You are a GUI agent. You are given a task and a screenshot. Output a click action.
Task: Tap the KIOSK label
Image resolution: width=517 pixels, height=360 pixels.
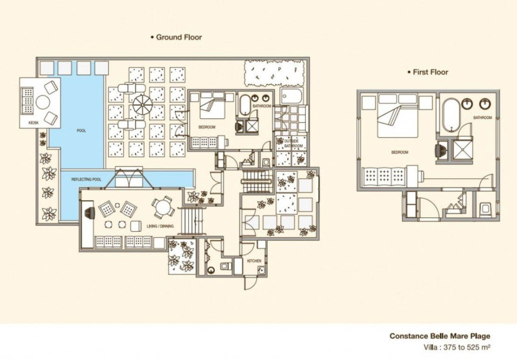tap(34, 123)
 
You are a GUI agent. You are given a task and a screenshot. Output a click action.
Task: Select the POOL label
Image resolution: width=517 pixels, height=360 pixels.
tap(81, 131)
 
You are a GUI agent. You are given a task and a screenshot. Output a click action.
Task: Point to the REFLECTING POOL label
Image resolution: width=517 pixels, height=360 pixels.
tap(86, 179)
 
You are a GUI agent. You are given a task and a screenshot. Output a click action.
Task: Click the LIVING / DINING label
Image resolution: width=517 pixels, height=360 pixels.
tap(160, 226)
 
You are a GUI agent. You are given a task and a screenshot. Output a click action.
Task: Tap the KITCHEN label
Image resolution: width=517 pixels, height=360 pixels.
tap(254, 261)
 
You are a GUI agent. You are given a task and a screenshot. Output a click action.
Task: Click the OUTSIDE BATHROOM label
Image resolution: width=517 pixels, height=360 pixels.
tap(293, 144)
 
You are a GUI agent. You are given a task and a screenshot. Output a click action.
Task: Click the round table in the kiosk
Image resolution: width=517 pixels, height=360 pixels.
tap(43, 102)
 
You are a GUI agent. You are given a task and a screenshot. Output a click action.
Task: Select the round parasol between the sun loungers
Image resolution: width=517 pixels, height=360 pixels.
tap(143, 105)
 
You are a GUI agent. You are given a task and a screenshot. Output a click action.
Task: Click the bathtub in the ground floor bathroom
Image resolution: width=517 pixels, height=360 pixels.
tap(245, 105)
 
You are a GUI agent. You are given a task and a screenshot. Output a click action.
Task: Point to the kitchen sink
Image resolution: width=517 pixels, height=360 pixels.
tap(261, 270)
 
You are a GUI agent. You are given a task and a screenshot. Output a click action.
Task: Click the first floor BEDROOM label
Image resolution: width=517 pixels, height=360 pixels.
tap(400, 152)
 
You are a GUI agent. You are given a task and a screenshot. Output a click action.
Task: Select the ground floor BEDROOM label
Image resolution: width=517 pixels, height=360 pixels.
tap(207, 127)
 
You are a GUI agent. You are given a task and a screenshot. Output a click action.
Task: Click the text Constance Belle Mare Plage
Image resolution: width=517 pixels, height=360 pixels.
tap(440, 336)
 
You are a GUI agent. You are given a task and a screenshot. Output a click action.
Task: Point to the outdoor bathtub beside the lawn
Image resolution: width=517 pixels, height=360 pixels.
tap(291, 96)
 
